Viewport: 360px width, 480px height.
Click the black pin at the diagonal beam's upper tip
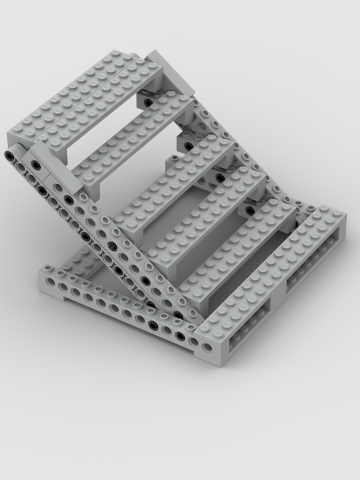(x=10, y=155)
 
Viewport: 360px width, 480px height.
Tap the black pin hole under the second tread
(x=188, y=146)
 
